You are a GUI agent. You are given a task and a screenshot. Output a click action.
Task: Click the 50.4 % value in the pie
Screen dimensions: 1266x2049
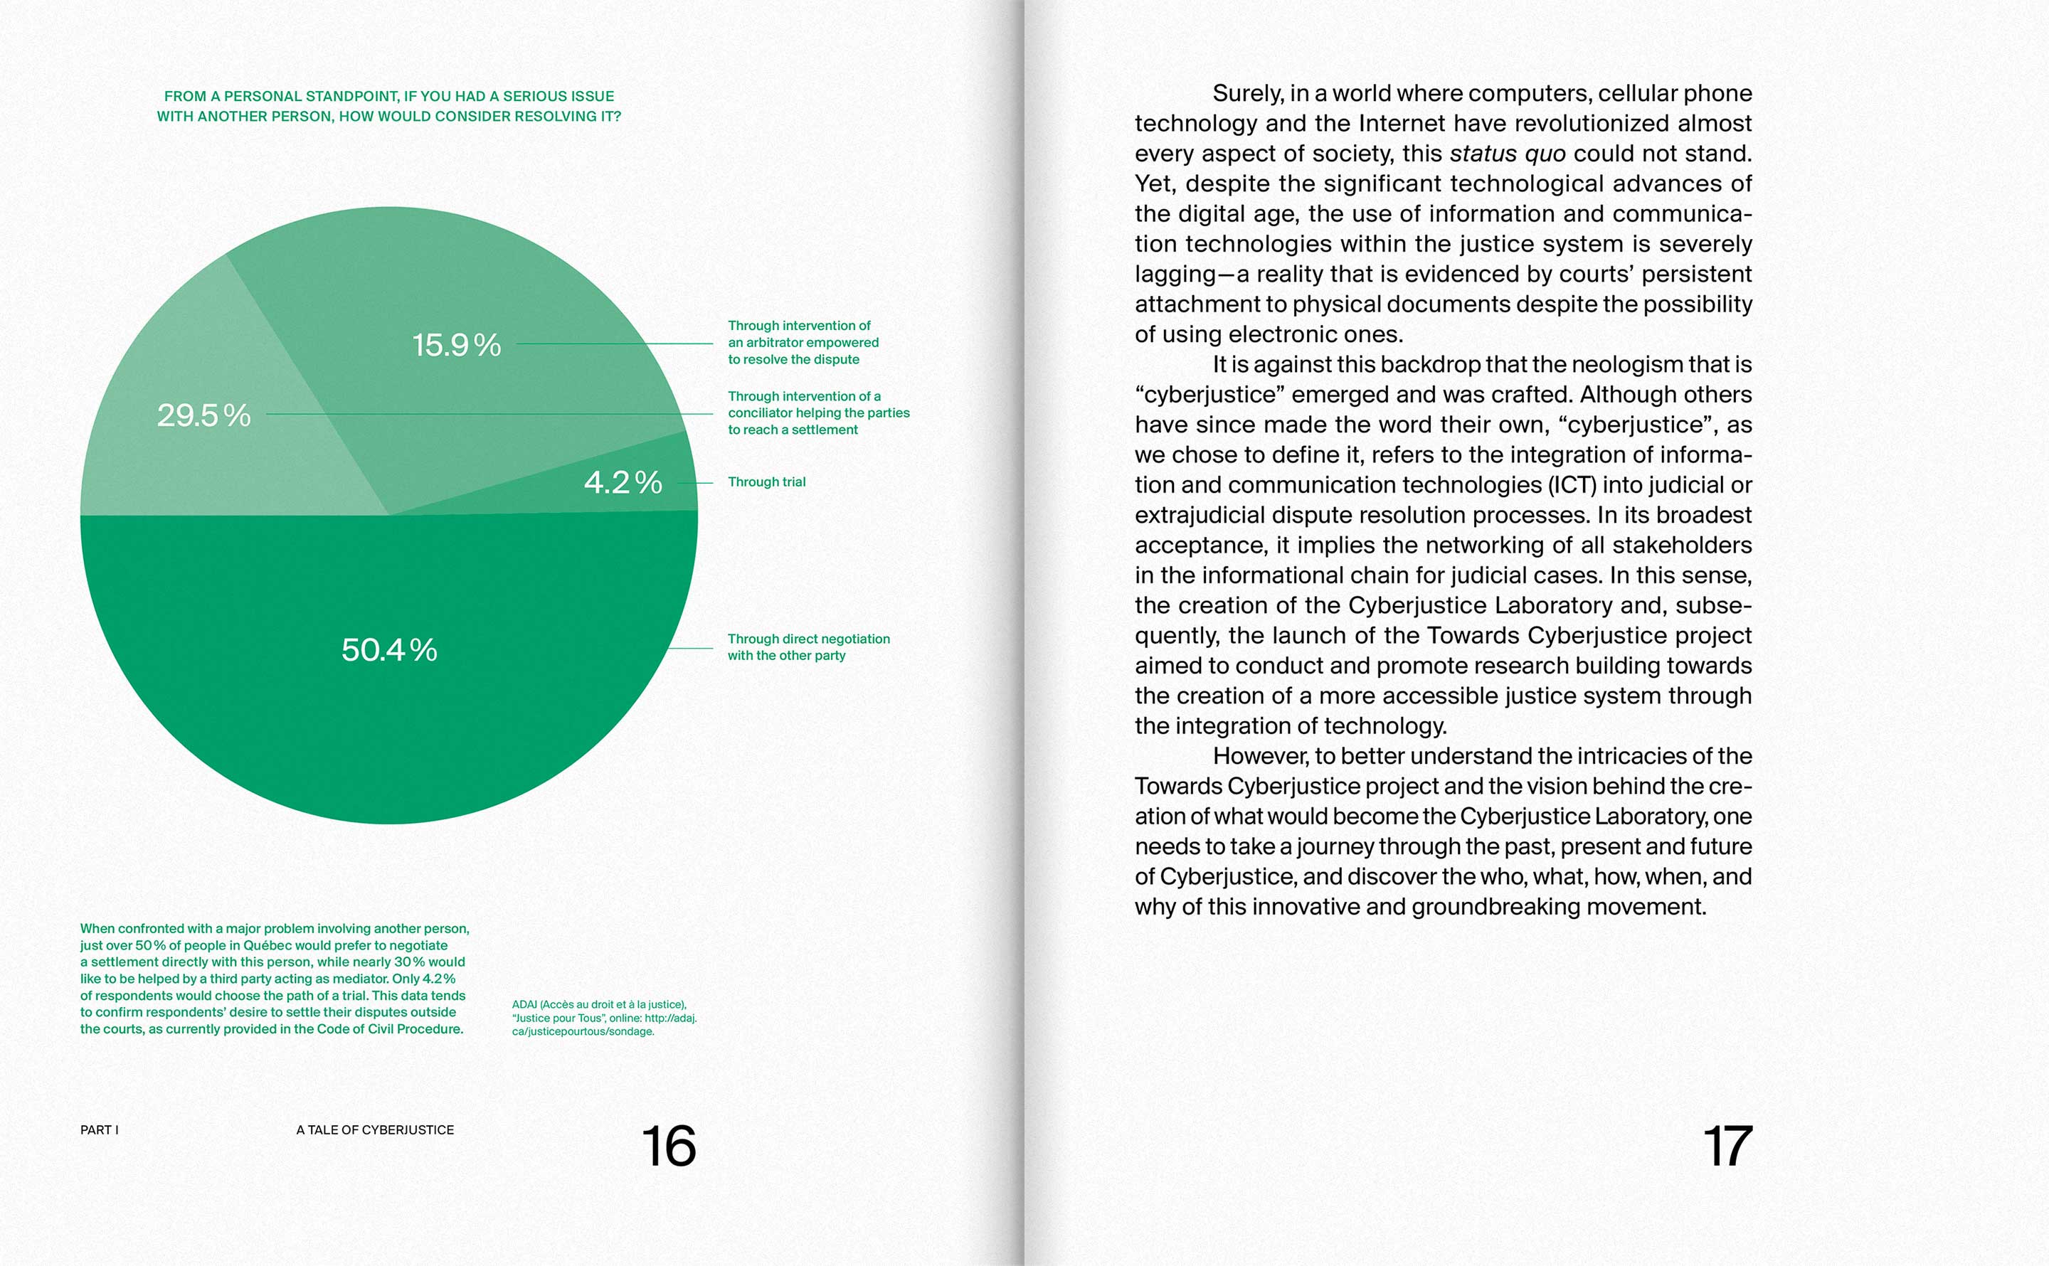pyautogui.click(x=389, y=650)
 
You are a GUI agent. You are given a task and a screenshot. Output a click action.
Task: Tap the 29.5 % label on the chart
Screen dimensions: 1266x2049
pyautogui.click(x=203, y=415)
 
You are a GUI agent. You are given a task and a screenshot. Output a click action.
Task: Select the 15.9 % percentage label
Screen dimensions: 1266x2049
pyautogui.click(x=456, y=345)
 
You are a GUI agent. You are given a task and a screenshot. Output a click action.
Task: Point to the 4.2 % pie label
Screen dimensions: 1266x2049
pyautogui.click(x=623, y=482)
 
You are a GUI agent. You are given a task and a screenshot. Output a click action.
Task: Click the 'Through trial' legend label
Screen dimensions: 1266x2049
pyautogui.click(x=766, y=482)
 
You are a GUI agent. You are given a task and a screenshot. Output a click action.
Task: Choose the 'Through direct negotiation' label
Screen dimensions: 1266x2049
pyautogui.click(x=808, y=647)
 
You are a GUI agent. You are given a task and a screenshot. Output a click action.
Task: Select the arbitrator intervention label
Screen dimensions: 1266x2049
pyautogui.click(x=803, y=342)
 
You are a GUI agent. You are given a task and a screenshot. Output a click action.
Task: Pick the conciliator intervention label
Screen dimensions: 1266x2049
pyautogui.click(x=817, y=413)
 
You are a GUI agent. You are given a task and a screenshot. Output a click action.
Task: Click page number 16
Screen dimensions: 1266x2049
pyautogui.click(x=668, y=1147)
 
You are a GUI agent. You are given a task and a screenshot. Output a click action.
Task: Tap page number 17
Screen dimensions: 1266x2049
pyautogui.click(x=1727, y=1147)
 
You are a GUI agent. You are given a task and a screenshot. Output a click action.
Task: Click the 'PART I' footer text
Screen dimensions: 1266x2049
pyautogui.click(x=99, y=1130)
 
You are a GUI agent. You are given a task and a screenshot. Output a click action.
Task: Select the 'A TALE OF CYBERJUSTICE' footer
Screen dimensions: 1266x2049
pyautogui.click(x=374, y=1130)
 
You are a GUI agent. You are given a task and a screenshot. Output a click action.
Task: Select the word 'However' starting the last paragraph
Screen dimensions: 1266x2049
pyautogui.click(x=1259, y=756)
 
